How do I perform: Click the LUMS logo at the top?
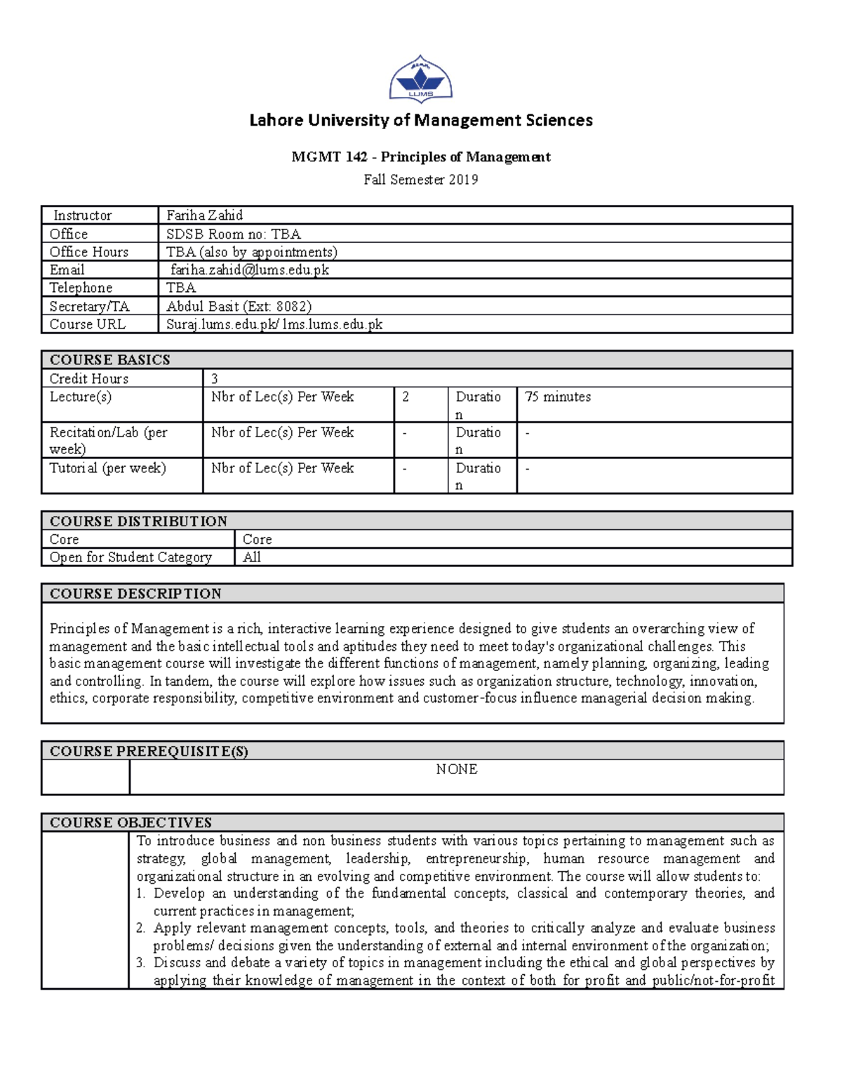point(420,79)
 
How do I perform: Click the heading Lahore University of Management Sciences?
point(421,121)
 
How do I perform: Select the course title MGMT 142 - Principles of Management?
point(421,157)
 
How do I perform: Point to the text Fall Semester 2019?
point(421,180)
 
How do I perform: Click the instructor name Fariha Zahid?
point(204,215)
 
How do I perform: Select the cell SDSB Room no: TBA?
point(233,234)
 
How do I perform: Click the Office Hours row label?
point(89,252)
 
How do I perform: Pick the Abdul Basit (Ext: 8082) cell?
point(239,306)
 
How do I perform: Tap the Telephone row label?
point(81,288)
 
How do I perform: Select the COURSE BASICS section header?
point(110,360)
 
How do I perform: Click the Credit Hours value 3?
point(215,379)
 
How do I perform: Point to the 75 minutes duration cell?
point(558,397)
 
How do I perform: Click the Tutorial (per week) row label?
point(107,468)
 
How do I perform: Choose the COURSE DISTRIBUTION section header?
point(138,521)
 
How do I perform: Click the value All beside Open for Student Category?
point(251,557)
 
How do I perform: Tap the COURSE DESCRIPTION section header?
point(135,594)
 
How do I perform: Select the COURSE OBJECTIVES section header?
point(131,823)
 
